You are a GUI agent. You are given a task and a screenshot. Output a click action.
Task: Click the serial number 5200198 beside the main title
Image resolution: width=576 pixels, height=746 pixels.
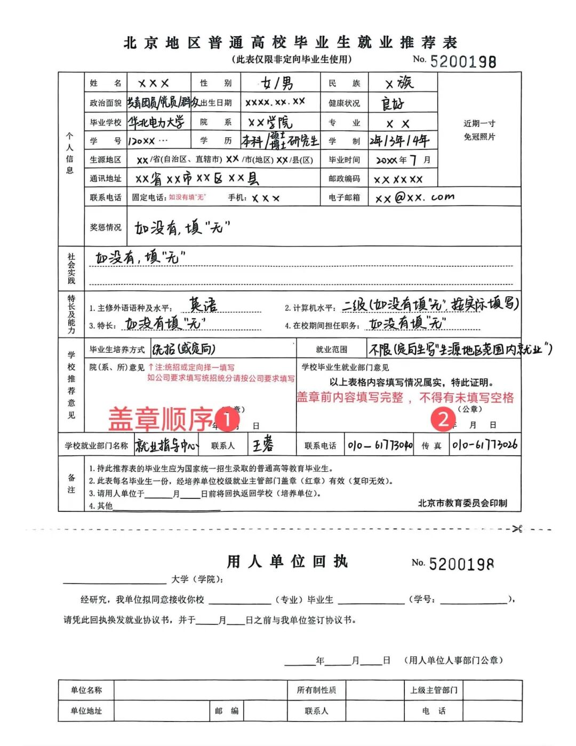(462, 61)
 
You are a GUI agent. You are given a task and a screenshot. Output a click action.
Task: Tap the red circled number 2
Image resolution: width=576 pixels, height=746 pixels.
(443, 419)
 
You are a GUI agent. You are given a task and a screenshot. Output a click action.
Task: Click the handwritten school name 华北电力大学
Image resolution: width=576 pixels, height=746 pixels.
(156, 122)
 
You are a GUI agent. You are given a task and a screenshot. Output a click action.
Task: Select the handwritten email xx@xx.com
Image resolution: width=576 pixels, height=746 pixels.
(414, 198)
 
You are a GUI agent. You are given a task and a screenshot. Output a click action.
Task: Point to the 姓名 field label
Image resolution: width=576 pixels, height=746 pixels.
(106, 83)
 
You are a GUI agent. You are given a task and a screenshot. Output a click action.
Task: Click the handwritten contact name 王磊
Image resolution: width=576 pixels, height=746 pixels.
(263, 445)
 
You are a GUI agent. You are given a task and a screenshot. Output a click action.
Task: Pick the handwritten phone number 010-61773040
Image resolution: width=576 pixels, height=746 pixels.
(380, 445)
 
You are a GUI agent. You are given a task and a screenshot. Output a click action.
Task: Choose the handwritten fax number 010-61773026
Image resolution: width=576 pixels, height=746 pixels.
(484, 445)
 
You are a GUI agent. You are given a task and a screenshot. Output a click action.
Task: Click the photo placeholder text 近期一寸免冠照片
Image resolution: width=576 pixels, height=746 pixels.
(479, 130)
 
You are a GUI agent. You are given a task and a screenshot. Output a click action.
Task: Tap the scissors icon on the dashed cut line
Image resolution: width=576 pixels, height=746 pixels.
(517, 529)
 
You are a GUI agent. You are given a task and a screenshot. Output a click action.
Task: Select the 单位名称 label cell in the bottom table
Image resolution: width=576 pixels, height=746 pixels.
(86, 690)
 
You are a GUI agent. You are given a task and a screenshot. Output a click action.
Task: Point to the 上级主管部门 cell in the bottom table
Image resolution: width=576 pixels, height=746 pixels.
(433, 690)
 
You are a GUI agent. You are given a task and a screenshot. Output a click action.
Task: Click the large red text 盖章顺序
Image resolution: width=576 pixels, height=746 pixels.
(160, 419)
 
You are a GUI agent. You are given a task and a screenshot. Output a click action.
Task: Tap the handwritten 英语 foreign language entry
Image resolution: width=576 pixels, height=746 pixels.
(203, 305)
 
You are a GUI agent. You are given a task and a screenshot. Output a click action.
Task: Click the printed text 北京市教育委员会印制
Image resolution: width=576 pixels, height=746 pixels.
(462, 503)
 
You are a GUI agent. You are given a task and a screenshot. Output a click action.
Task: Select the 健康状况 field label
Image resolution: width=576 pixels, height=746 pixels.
(344, 103)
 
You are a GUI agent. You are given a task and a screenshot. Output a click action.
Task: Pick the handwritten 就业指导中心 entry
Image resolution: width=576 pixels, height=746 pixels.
(166, 445)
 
